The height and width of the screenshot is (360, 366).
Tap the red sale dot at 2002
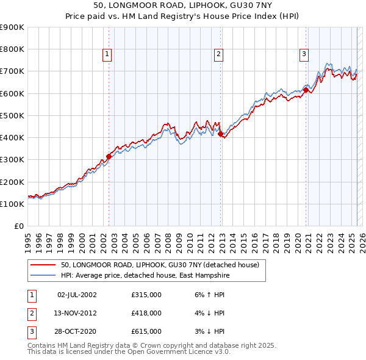[109, 156]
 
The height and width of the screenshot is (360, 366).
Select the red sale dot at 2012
[220, 134]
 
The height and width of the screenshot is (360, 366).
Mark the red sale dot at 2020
[306, 90]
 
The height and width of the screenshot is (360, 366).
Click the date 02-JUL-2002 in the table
[77, 295]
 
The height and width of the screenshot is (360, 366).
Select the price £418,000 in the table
[146, 313]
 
